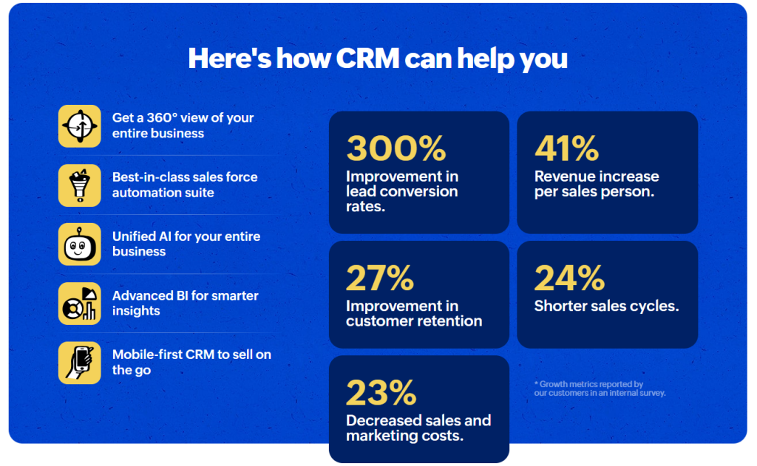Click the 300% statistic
(396, 149)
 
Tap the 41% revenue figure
(566, 149)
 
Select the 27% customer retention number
(380, 278)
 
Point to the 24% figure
(569, 278)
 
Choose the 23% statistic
(381, 393)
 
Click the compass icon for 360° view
(80, 126)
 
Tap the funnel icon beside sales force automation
(80, 185)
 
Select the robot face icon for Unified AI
(80, 244)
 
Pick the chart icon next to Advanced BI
(80, 304)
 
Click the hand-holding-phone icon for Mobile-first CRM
(80, 363)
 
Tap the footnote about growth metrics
(600, 388)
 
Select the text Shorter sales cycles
(606, 306)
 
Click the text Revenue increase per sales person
(597, 184)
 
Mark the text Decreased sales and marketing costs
(418, 428)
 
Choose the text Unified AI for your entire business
(186, 244)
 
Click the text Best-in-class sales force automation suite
(185, 185)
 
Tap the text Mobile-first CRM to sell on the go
(191, 362)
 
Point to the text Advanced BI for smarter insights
(186, 303)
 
